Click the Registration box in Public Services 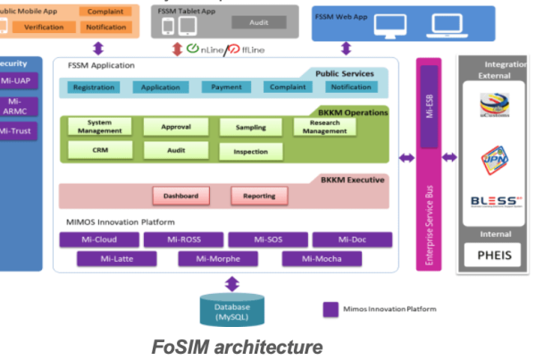point(93,88)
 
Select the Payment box point(225,88)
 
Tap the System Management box point(99,127)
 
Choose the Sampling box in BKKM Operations point(250,128)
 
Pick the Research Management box point(324,127)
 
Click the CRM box point(99,150)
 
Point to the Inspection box point(250,152)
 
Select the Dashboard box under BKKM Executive point(180,196)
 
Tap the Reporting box point(259,196)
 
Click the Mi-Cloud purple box point(99,239)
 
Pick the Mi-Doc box point(352,239)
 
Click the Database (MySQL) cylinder point(231,310)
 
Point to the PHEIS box point(493,255)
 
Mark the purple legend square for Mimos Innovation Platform point(330,309)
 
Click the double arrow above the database point(231,283)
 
